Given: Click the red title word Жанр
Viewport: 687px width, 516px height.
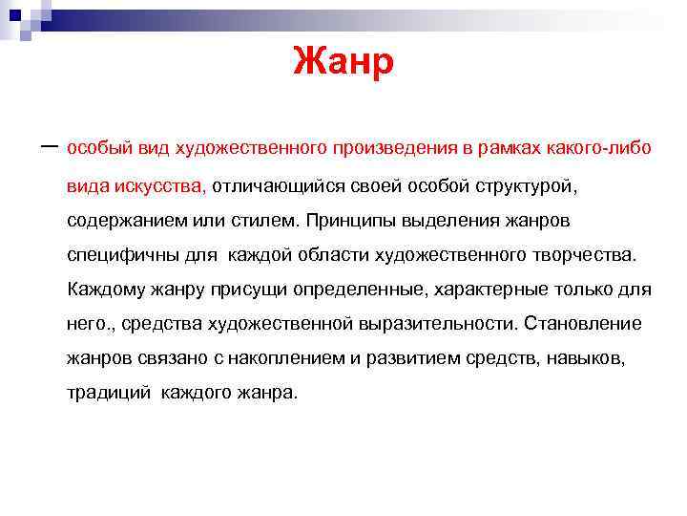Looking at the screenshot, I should click(343, 63).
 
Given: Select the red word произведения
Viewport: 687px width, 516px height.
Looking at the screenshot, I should click(383, 149).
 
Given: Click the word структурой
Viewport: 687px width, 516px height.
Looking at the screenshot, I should click(518, 185).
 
